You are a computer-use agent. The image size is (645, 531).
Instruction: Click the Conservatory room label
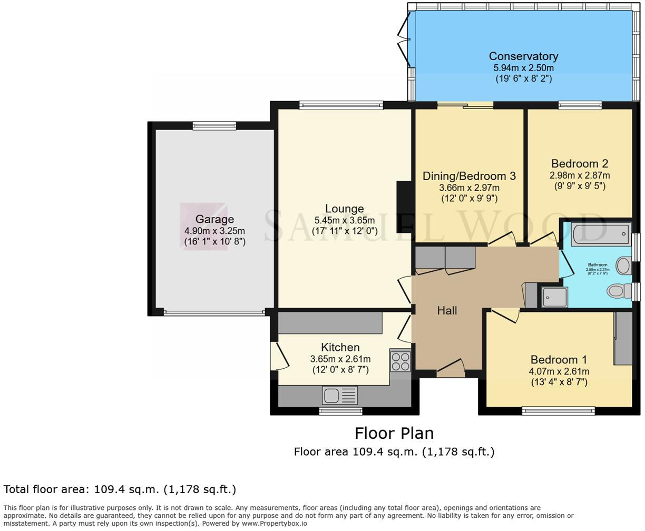coord(523,56)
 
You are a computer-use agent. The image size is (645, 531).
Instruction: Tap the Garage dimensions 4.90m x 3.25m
coord(214,231)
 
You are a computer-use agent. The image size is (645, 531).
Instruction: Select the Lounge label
coord(344,209)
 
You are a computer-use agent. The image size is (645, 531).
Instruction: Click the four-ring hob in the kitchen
coord(400,361)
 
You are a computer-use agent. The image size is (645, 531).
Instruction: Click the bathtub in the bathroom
coord(600,233)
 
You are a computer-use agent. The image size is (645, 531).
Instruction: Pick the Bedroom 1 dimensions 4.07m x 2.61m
coord(559,371)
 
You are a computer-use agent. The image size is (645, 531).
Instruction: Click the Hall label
coord(447,311)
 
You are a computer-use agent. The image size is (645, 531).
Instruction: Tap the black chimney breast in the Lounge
coord(405,203)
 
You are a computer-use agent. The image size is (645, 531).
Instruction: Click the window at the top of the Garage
coord(214,125)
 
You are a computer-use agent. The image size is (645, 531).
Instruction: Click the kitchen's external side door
coord(278,356)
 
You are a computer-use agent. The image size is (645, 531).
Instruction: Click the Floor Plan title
coord(394,434)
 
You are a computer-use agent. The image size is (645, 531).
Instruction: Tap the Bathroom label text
coord(598,265)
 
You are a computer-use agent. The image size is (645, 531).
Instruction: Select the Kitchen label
coord(340,347)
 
